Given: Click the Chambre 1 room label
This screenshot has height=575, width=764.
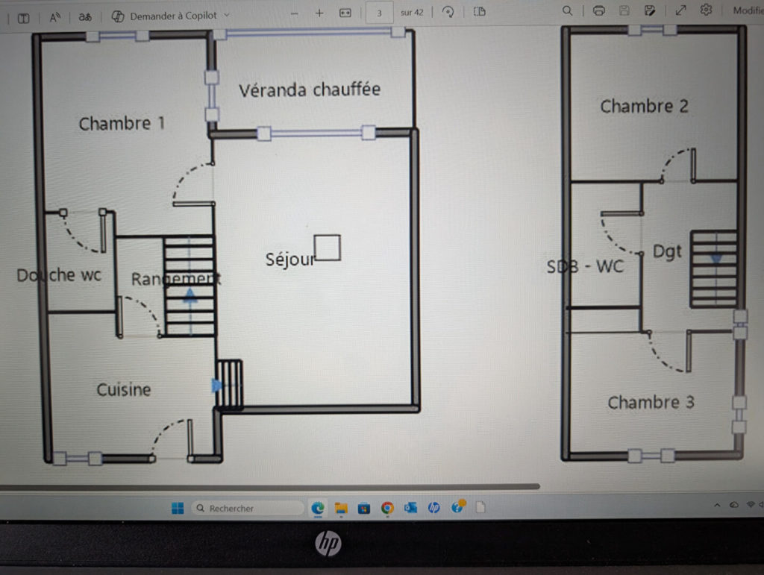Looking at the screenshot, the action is tap(122, 124).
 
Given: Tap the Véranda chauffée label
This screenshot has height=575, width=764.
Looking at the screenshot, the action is tap(310, 89).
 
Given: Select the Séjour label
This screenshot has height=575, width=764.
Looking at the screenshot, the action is tap(290, 259).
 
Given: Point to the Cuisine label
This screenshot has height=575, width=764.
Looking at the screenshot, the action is tap(124, 389).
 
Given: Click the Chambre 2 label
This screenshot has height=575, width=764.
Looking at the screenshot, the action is tap(644, 106).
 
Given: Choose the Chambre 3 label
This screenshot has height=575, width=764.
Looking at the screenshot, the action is tap(651, 402).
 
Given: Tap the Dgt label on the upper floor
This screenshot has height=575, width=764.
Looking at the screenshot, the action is tap(667, 252).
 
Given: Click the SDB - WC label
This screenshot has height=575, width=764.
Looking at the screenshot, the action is tap(585, 266).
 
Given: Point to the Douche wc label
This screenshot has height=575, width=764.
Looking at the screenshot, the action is tap(59, 275).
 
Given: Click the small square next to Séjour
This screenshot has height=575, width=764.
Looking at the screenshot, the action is tap(328, 248).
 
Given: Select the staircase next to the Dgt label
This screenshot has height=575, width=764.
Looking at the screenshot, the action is tap(714, 268).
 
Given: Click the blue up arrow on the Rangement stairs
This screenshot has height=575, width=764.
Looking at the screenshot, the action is tap(190, 295).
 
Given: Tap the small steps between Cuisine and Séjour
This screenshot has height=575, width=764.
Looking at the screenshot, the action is tap(229, 383).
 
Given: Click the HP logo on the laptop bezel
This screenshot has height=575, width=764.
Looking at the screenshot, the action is tap(328, 543).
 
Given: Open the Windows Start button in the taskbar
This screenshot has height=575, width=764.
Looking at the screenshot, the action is tap(178, 509).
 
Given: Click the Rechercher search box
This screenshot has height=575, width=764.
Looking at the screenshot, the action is tap(248, 509).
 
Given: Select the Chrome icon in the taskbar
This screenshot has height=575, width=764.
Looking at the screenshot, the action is tap(387, 508).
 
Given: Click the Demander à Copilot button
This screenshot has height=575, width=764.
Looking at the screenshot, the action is tap(171, 16).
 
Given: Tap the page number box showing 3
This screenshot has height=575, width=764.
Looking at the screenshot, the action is tap(379, 13).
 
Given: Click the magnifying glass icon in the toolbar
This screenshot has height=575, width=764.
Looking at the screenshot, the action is tap(567, 10).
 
